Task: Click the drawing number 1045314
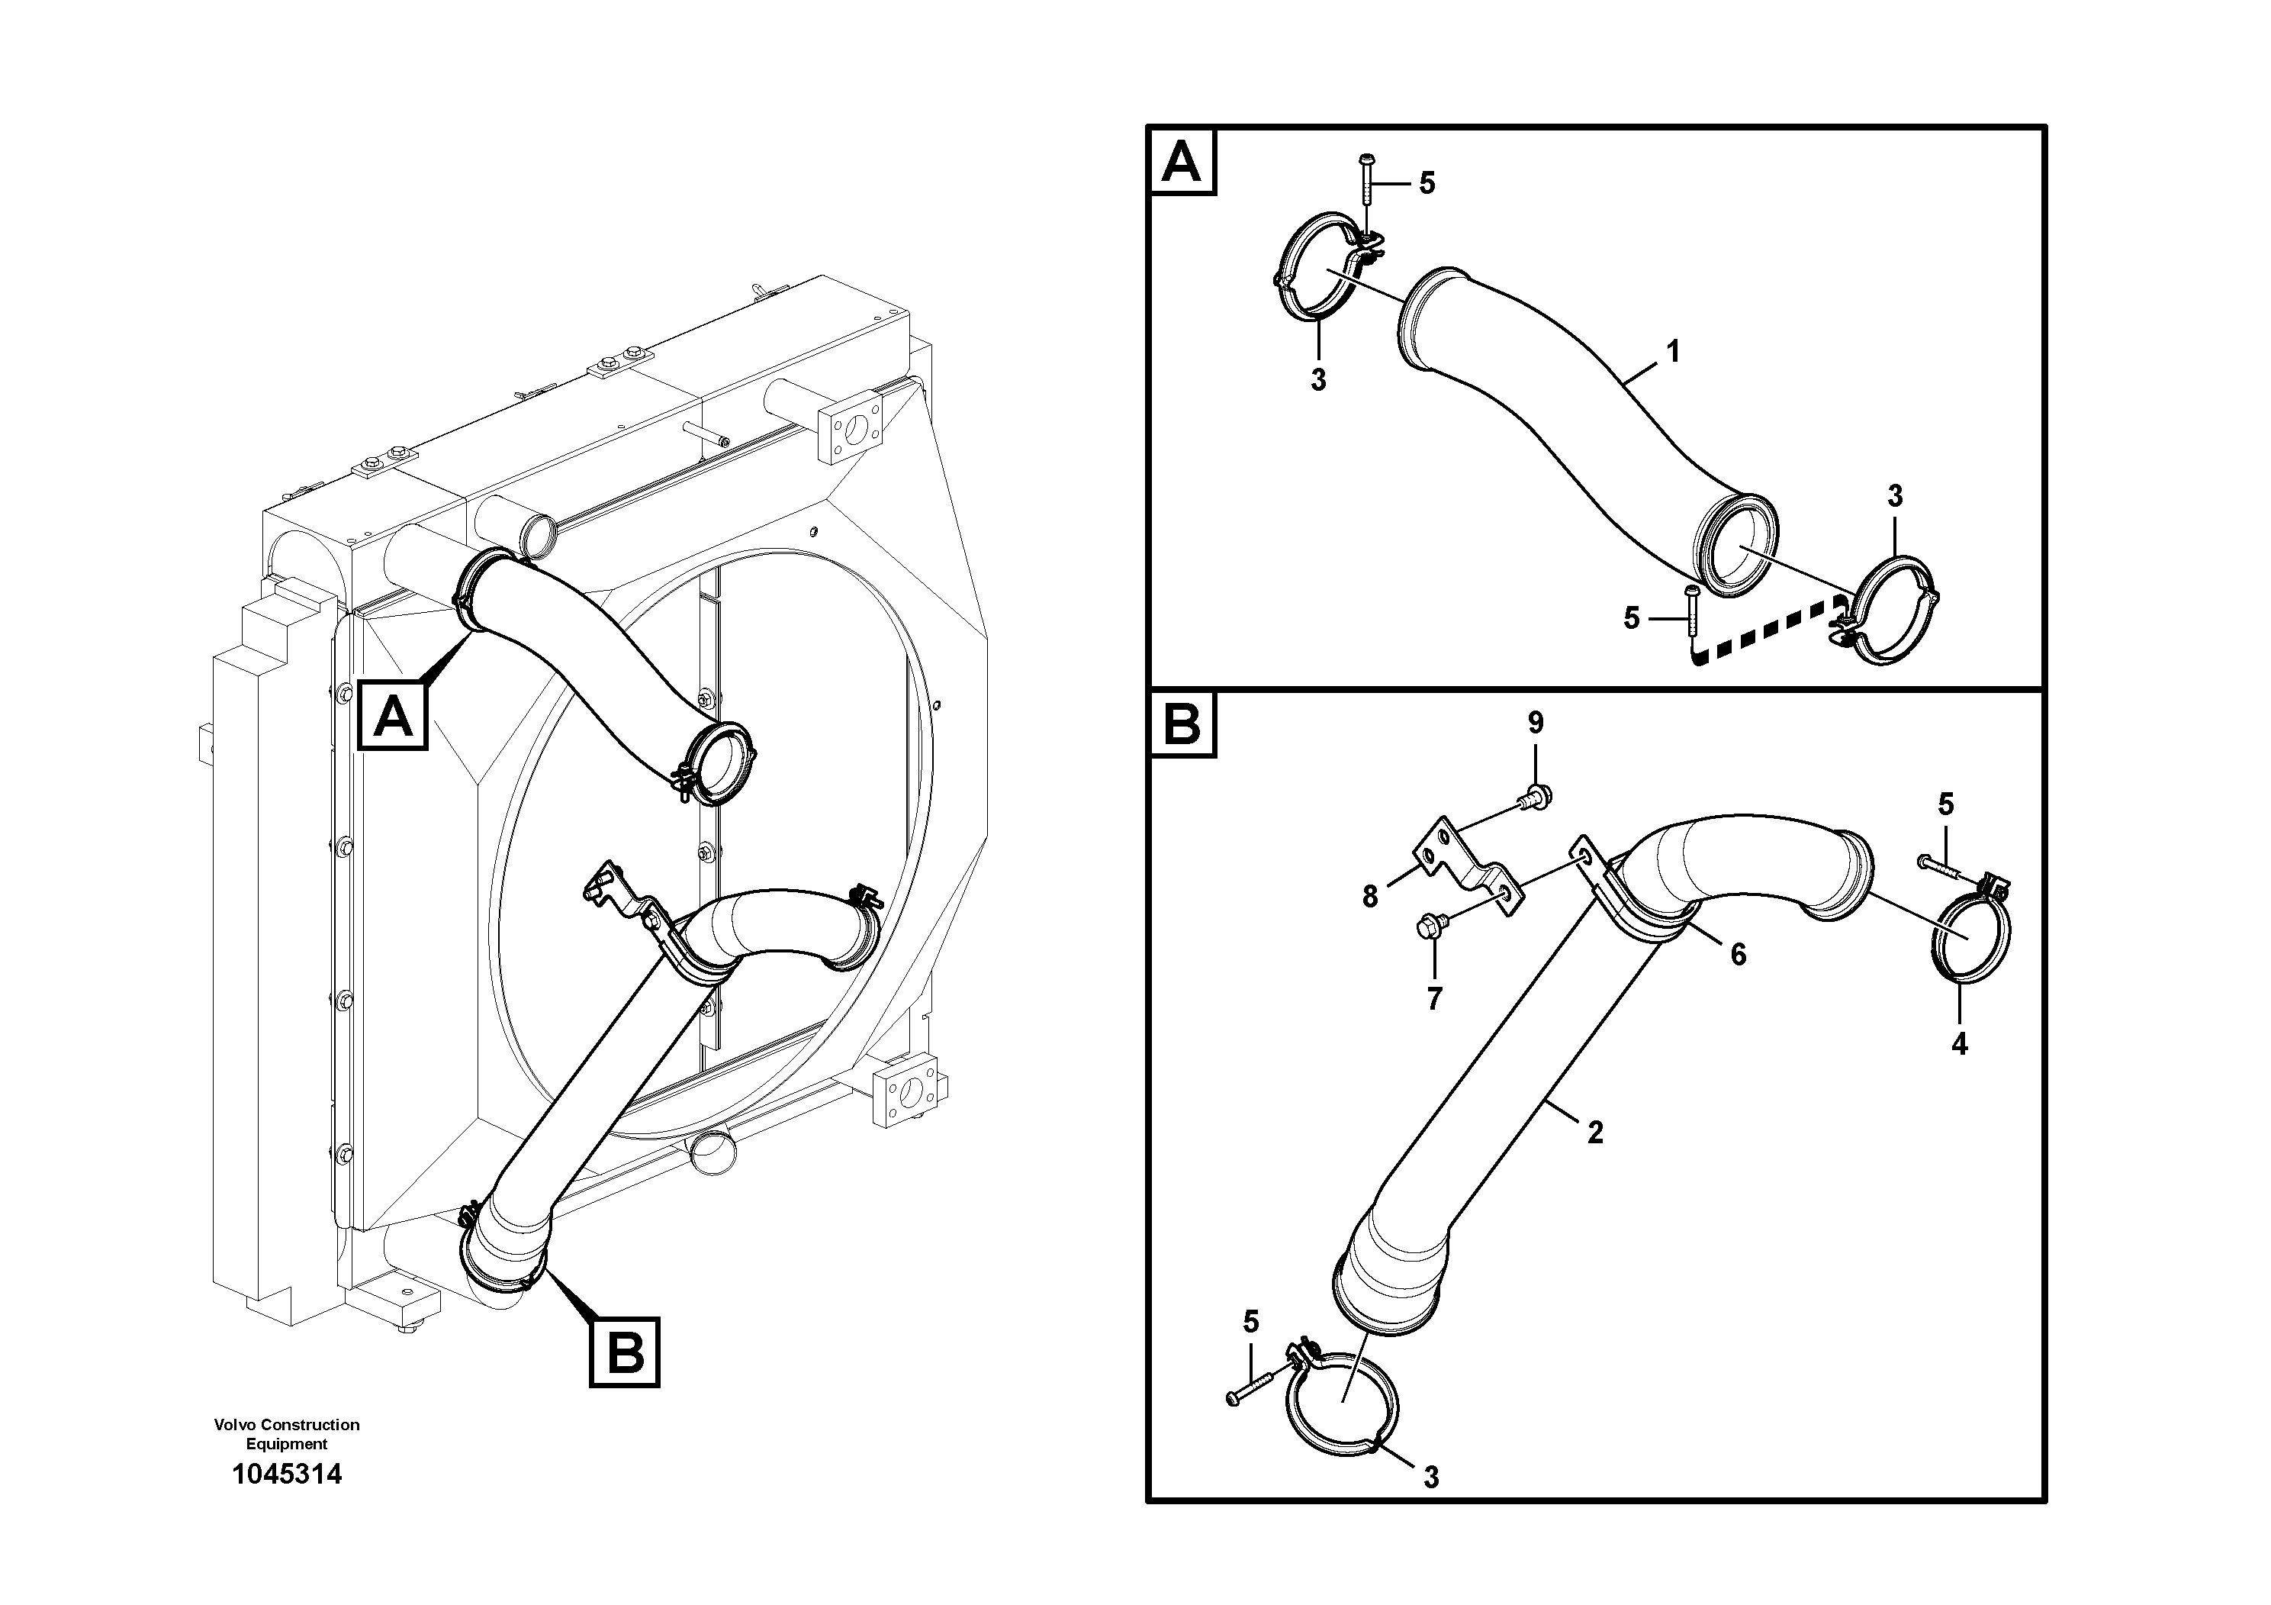286,1474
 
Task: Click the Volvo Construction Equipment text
286,1434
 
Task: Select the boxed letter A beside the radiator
394,714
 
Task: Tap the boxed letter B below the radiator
624,1352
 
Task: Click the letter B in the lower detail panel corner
1182,724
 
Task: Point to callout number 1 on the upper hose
1673,350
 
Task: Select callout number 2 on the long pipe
1594,1132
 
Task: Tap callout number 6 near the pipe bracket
1738,954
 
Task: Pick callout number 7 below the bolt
1434,998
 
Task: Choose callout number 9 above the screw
1535,722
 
